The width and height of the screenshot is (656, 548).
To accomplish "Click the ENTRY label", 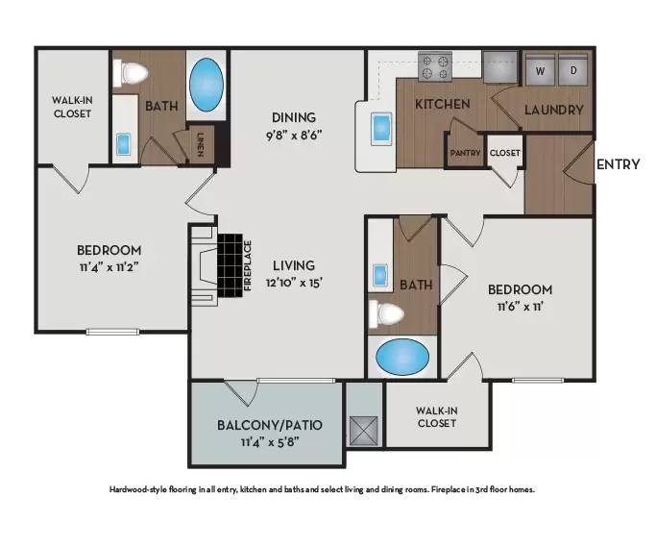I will click(x=618, y=164).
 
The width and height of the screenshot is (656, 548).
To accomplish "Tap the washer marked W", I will click(x=540, y=70).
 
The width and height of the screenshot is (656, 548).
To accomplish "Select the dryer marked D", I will click(x=574, y=70).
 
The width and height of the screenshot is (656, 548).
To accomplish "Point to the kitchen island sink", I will click(x=381, y=127).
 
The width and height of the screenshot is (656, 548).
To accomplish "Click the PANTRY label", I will click(x=465, y=153).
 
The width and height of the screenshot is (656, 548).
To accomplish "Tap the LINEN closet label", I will click(x=200, y=144).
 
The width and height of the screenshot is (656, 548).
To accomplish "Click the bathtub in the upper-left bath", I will click(x=205, y=86).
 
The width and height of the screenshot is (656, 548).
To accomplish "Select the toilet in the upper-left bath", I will click(x=132, y=72).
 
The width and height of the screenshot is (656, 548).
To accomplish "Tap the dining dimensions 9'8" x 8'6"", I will click(x=293, y=135).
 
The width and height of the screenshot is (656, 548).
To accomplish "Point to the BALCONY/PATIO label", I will click(x=268, y=424).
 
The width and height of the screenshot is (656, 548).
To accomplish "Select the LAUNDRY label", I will click(x=553, y=110).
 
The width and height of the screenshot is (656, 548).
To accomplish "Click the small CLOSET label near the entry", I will click(x=504, y=153).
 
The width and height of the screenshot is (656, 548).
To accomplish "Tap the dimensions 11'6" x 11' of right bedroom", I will click(x=520, y=308).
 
